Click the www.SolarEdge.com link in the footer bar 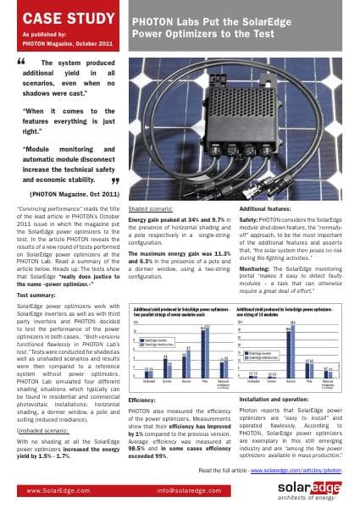point(60,489)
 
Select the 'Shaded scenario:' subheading point(152,207)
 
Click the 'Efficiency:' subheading point(141,397)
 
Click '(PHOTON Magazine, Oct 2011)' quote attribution point(69,194)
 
